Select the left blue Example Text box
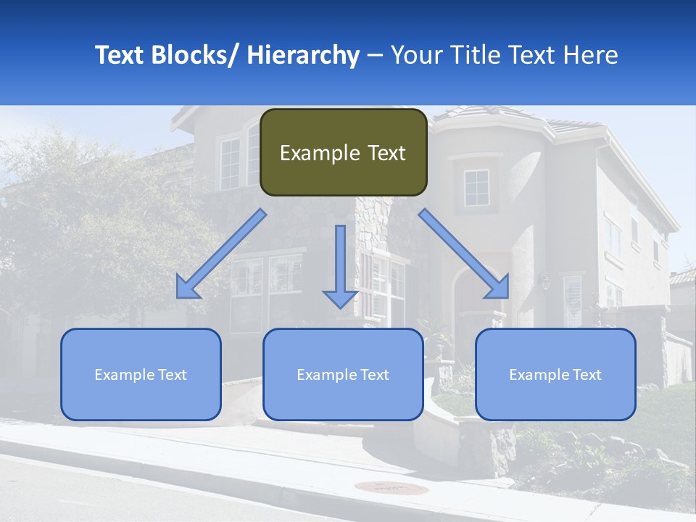tap(141, 374)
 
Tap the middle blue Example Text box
tap(343, 374)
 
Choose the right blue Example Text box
tap(555, 374)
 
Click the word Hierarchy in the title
tap(303, 55)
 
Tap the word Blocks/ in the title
tap(196, 55)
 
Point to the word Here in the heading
tap(592, 55)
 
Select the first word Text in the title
tap(120, 55)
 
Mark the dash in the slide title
tap(375, 56)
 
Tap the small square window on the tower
tap(476, 188)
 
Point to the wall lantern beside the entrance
tap(545, 281)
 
